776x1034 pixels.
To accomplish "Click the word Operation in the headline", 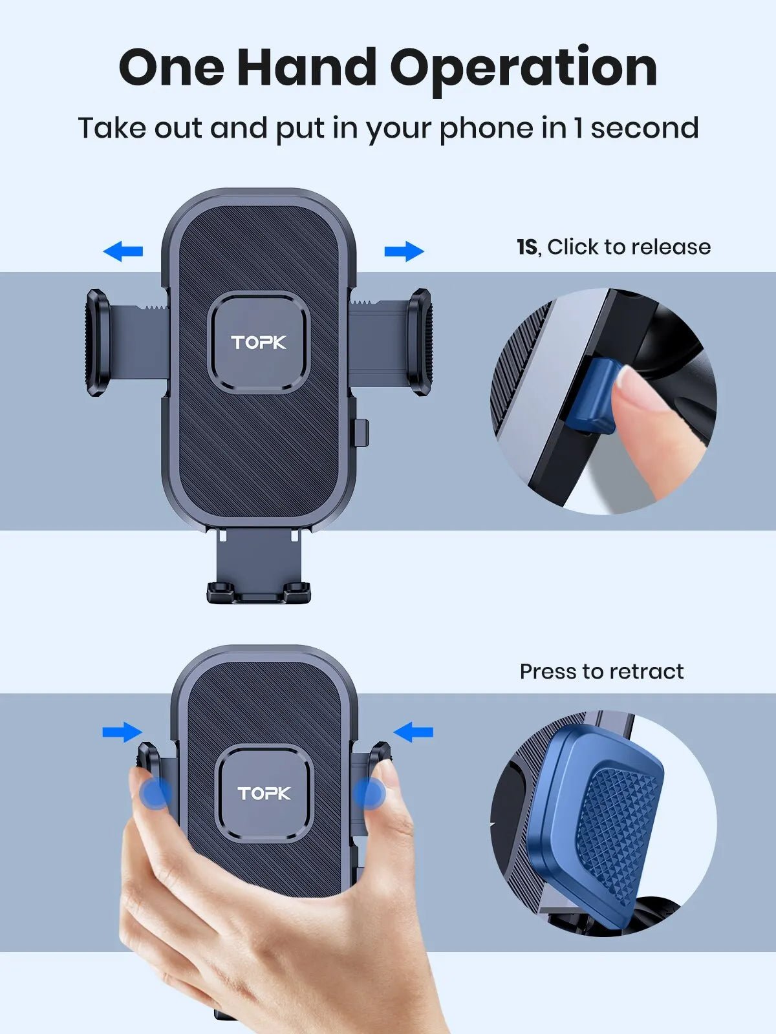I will [x=524, y=68].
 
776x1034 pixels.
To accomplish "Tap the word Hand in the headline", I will [x=307, y=68].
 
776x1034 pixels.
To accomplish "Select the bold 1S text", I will [x=527, y=247].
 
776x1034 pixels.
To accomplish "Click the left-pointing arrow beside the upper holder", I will [x=123, y=251].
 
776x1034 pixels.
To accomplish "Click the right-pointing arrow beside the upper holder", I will [x=404, y=251].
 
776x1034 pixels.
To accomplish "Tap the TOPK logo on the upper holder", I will [x=259, y=343].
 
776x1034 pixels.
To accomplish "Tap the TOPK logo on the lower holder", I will [x=264, y=793].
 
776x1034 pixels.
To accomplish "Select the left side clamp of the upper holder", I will [x=97, y=343].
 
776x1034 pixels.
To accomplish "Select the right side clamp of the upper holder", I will [x=419, y=343].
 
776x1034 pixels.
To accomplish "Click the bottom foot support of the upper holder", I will [x=259, y=591].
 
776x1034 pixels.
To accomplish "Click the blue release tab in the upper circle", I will [x=592, y=394].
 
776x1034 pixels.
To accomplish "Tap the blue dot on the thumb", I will [x=156, y=793].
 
